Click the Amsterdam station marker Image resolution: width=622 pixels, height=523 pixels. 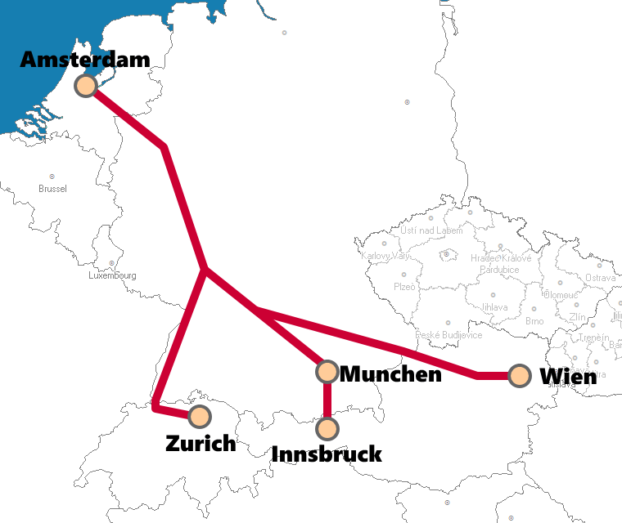pyautogui.click(x=86, y=85)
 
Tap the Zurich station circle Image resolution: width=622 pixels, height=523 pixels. pyautogui.click(x=199, y=416)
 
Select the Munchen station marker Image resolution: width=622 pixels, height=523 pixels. pyautogui.click(x=327, y=372)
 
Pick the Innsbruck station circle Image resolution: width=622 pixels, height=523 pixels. pyautogui.click(x=327, y=427)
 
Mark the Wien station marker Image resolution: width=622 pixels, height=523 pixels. pyautogui.click(x=519, y=376)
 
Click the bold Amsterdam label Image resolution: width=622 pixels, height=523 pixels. pyautogui.click(x=85, y=60)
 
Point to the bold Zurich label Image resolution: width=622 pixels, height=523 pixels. pyautogui.click(x=201, y=444)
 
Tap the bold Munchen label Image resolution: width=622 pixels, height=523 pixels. pyautogui.click(x=390, y=374)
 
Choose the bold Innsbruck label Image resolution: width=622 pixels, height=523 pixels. pyautogui.click(x=327, y=454)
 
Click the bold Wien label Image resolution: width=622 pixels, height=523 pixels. pyautogui.click(x=568, y=377)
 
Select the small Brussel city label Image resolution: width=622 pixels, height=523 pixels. pyautogui.click(x=52, y=189)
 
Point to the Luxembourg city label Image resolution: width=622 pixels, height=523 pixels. pyautogui.click(x=112, y=275)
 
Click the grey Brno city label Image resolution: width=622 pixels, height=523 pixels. pyautogui.click(x=534, y=321)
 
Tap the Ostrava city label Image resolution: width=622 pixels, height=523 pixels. pyautogui.click(x=600, y=278)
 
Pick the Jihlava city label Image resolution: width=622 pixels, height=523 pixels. pyautogui.click(x=494, y=307)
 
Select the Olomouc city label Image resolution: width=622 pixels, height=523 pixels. pyautogui.click(x=561, y=295)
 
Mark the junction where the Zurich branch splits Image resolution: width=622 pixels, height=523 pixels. pyautogui.click(x=204, y=269)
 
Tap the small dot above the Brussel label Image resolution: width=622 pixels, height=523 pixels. pyautogui.click(x=52, y=177)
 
